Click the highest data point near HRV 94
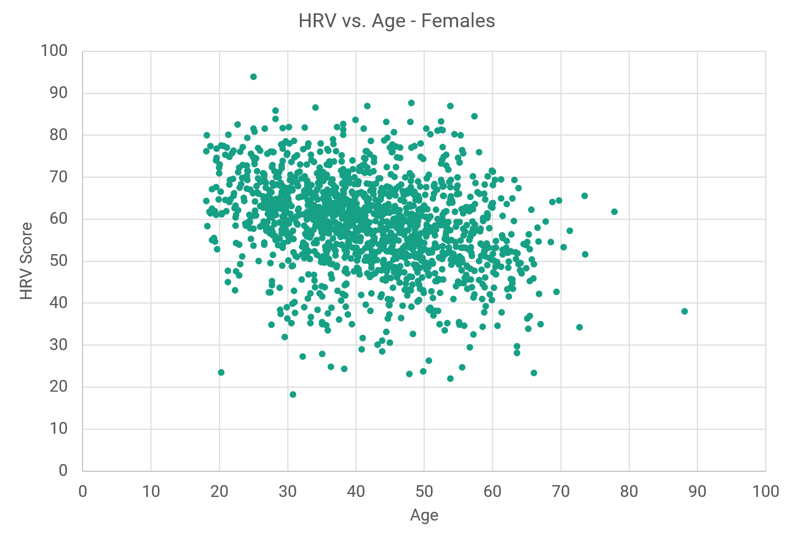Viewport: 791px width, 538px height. (x=253, y=77)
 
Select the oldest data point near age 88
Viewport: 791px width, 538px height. (x=684, y=312)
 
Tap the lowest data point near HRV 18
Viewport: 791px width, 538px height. (x=293, y=395)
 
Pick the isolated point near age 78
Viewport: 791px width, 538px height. (x=614, y=212)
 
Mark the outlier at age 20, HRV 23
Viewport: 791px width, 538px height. (x=221, y=373)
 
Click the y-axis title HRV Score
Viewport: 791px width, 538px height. (x=26, y=261)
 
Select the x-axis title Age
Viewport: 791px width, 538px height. (x=424, y=515)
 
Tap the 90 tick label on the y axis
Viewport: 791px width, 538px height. (x=54, y=93)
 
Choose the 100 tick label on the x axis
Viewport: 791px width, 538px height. (x=765, y=492)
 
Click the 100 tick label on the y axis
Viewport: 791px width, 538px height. (x=54, y=51)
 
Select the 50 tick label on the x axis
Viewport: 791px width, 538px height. (x=424, y=492)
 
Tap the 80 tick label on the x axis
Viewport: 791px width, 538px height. (x=629, y=492)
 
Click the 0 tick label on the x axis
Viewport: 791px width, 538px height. (x=83, y=492)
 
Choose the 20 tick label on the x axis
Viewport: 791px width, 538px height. (x=219, y=492)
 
